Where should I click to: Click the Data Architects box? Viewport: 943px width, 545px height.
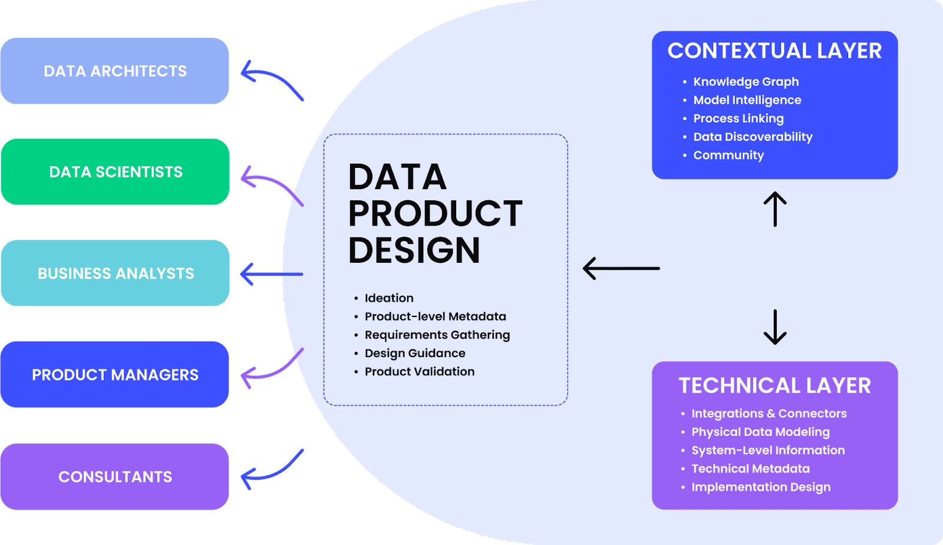115,71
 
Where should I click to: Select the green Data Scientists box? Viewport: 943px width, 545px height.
115,172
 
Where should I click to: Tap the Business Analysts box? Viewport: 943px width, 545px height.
115,273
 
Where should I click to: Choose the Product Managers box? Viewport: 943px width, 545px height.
115,375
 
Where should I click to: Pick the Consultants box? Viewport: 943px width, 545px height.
115,477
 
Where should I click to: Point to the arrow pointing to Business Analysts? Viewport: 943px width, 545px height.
272,274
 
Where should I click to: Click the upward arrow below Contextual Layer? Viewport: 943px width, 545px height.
775,209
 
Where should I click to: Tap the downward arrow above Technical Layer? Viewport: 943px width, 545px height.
775,327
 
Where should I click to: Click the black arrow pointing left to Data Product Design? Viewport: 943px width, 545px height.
621,268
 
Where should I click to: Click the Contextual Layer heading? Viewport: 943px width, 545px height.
774,51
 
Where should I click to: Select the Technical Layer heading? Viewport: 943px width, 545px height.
774,386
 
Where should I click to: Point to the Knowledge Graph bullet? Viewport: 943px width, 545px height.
746,82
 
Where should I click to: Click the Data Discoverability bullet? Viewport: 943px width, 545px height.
753,137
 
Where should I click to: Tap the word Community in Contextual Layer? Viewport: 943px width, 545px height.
728,155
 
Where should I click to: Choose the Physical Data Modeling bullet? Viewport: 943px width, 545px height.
760,432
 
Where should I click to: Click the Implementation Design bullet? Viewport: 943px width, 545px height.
761,487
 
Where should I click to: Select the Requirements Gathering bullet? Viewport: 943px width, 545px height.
437,335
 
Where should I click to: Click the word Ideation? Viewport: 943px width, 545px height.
389,298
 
